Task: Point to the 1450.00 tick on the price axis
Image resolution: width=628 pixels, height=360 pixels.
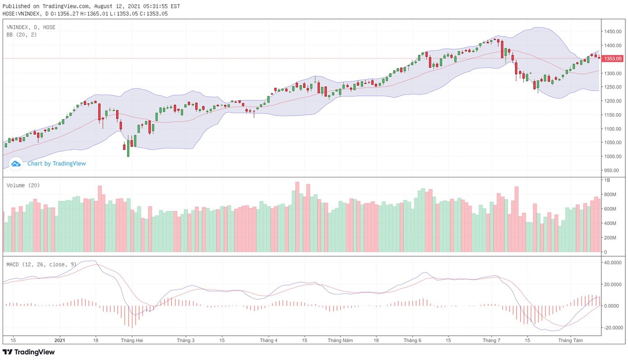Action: point(613,32)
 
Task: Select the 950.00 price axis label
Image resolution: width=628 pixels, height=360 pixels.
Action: point(613,170)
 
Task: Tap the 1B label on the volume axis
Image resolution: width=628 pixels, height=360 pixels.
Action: point(608,180)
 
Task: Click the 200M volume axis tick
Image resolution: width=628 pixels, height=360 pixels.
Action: point(611,238)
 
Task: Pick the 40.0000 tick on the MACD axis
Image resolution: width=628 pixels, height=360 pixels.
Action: point(613,263)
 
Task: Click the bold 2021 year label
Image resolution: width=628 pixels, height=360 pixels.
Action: point(61,340)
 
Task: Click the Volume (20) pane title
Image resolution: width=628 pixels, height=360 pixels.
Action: point(23,185)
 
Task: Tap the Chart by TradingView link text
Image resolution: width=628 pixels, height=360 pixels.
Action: point(57,163)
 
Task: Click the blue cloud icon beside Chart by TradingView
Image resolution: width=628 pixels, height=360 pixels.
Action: point(16,163)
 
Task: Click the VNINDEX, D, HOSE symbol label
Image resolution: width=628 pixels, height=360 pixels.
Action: point(31,27)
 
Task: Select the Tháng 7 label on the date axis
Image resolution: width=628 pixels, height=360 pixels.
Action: point(491,340)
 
